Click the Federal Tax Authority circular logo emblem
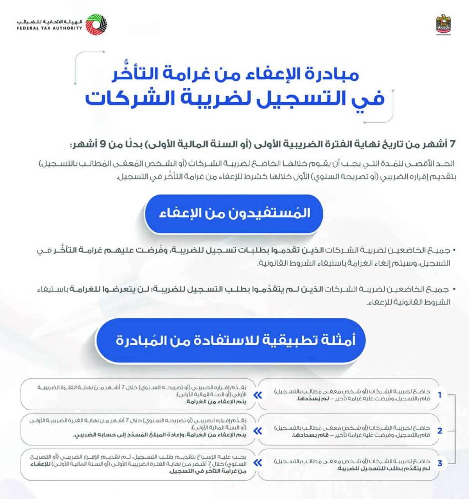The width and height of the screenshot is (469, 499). (96, 25)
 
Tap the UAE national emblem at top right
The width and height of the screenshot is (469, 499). (443, 25)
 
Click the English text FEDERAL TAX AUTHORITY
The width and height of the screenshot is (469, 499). (50, 28)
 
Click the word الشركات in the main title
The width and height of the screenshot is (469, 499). (129, 98)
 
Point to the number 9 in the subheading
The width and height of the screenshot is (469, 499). (103, 144)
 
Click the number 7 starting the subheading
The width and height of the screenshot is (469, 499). (452, 144)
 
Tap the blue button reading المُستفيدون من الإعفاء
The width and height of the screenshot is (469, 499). (234, 213)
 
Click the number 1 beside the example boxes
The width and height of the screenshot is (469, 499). (440, 395)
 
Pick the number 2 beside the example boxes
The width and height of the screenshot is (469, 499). (440, 431)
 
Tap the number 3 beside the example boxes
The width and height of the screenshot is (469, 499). (440, 463)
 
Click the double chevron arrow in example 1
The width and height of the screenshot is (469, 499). (258, 395)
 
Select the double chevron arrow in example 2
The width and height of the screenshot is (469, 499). (258, 431)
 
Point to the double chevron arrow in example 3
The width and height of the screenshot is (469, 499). (258, 463)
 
